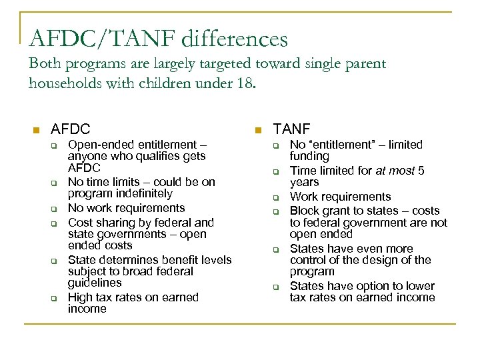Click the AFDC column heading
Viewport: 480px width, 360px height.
pyautogui.click(x=71, y=129)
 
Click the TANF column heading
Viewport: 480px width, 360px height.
pyautogui.click(x=292, y=129)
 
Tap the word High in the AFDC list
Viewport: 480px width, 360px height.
pyautogui.click(x=79, y=297)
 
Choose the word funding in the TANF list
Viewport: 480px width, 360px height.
pyautogui.click(x=309, y=156)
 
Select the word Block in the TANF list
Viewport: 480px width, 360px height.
pyautogui.click(x=303, y=211)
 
